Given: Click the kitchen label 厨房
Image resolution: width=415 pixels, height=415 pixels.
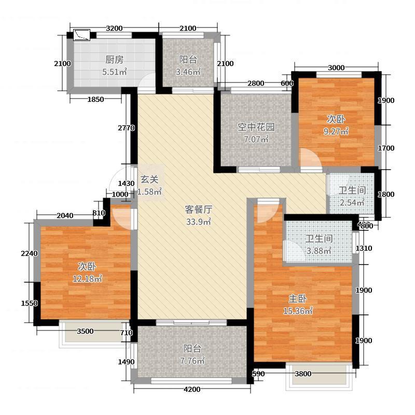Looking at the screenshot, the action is click(x=114, y=60).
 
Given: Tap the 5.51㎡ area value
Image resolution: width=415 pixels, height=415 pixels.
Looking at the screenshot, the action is click(x=114, y=72).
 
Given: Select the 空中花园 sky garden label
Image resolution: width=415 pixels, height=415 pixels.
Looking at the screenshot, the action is click(x=256, y=127).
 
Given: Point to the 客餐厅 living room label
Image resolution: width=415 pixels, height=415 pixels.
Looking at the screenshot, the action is click(x=199, y=210).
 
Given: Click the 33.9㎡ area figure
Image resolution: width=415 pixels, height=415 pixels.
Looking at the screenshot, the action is click(x=199, y=222).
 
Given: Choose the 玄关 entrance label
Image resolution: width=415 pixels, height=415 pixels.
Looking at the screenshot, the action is click(x=149, y=179).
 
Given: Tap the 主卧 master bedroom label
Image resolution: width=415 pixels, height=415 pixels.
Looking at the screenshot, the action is click(x=298, y=299).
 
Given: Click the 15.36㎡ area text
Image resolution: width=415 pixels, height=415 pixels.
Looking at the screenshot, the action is click(x=298, y=311).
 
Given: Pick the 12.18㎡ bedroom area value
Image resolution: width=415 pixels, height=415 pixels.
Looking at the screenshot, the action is click(x=87, y=279).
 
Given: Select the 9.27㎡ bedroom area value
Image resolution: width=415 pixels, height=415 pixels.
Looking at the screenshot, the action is click(x=336, y=131).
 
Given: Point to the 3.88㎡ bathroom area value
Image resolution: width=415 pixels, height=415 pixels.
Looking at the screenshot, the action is click(x=319, y=251).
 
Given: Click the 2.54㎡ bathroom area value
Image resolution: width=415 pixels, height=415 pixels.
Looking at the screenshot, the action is click(x=352, y=202).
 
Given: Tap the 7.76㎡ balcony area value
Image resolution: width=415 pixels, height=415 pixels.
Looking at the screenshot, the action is click(x=192, y=361).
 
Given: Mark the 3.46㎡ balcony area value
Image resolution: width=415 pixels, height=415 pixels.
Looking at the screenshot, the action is click(x=188, y=72).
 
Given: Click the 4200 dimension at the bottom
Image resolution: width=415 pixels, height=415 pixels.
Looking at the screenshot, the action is click(x=192, y=390).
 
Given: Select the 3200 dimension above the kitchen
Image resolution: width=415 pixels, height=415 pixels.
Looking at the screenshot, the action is click(x=114, y=29).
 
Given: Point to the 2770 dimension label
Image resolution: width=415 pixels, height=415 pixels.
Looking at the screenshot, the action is click(x=126, y=128).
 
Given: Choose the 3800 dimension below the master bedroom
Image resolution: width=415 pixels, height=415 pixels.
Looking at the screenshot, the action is click(x=303, y=374).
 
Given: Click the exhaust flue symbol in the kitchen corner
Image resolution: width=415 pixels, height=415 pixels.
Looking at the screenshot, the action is click(x=82, y=35).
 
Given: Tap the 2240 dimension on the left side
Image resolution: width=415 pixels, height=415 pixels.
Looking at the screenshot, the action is click(x=30, y=254).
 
